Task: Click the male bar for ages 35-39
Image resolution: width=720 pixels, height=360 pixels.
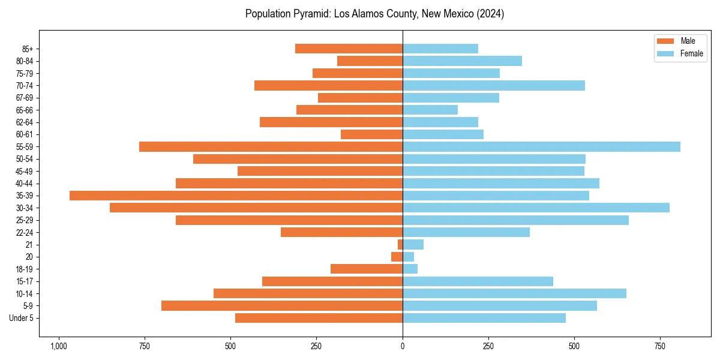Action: (236, 196)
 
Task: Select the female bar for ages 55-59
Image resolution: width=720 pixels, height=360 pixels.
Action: (541, 146)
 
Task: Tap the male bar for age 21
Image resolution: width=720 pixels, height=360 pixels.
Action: (400, 244)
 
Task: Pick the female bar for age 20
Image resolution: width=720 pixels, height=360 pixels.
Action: (408, 257)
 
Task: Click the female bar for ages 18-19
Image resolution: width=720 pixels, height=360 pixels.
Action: (410, 269)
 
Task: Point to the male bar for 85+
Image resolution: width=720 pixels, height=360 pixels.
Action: (349, 49)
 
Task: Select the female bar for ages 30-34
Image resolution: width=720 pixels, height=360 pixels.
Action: (536, 208)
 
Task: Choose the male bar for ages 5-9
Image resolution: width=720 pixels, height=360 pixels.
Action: (282, 305)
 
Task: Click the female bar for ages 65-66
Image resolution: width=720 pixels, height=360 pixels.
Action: (430, 110)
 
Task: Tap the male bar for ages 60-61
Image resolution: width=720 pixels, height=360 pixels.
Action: (371, 134)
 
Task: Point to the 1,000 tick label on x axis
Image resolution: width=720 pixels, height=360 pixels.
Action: (58, 346)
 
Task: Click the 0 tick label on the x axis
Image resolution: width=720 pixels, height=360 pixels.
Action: (403, 346)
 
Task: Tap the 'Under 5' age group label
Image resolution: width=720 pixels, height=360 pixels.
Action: (21, 318)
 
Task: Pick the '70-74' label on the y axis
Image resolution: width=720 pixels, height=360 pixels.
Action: (25, 86)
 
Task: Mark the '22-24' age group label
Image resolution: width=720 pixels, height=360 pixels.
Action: (25, 232)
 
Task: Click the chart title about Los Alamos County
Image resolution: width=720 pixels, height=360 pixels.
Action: (374, 14)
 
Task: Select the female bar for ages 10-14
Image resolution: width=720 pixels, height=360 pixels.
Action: (514, 293)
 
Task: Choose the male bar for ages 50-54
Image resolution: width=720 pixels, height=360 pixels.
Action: (298, 159)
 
